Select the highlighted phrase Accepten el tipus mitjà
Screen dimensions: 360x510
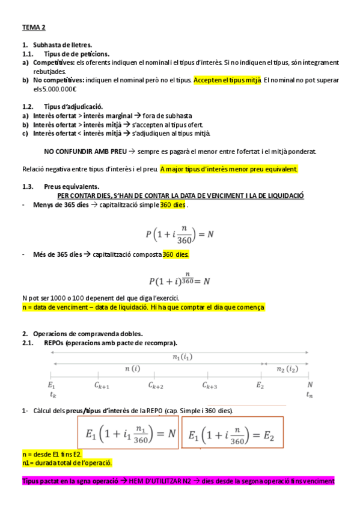227,79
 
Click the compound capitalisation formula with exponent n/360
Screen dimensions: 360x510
179,278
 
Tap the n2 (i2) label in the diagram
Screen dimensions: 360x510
285,368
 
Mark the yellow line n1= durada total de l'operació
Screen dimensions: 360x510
67,463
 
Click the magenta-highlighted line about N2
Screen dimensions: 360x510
178,481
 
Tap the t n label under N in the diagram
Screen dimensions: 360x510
310,395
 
